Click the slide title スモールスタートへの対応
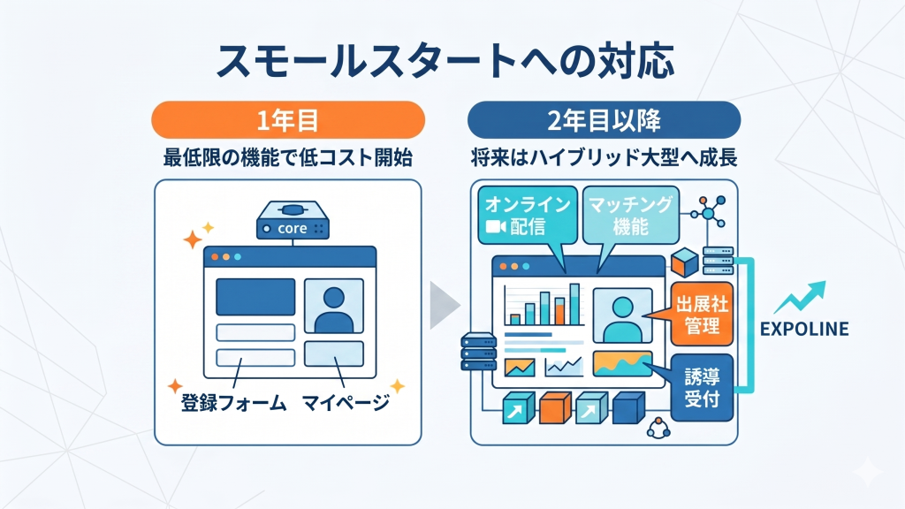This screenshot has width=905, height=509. pyautogui.click(x=452, y=62)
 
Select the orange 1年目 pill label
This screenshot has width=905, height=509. pyautogui.click(x=288, y=119)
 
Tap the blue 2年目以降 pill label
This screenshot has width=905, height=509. pyautogui.click(x=604, y=119)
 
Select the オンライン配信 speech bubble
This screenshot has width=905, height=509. pyautogui.click(x=526, y=215)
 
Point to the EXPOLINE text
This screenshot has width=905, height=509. pyautogui.click(x=804, y=330)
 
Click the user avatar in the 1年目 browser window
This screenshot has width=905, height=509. pyautogui.click(x=333, y=306)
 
